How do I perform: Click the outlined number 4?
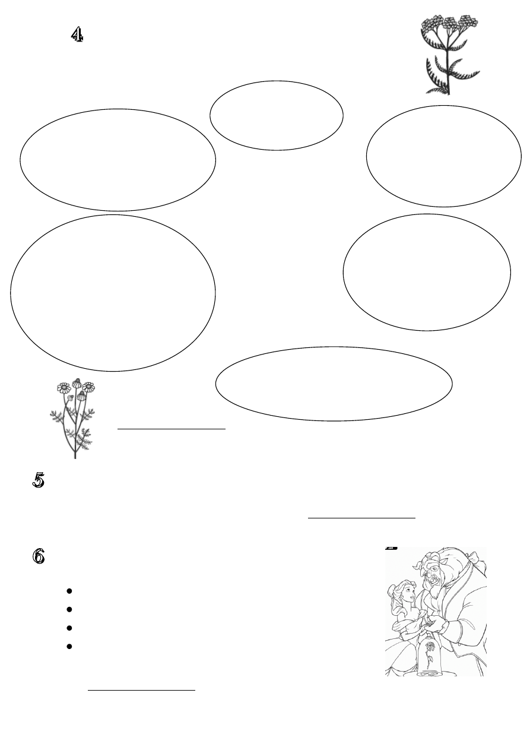[x=77, y=35]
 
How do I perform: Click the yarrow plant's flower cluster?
[x=449, y=24]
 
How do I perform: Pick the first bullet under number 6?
[x=70, y=591]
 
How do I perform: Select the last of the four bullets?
[x=70, y=645]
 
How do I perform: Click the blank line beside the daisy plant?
[x=172, y=428]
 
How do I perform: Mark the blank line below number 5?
[x=361, y=517]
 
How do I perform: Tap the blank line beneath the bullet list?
[x=141, y=691]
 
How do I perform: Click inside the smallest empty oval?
[x=277, y=115]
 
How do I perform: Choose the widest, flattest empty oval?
[x=334, y=384]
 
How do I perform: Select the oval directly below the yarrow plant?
[x=444, y=156]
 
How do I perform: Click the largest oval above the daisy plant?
[x=113, y=293]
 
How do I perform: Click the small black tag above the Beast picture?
[x=391, y=548]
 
